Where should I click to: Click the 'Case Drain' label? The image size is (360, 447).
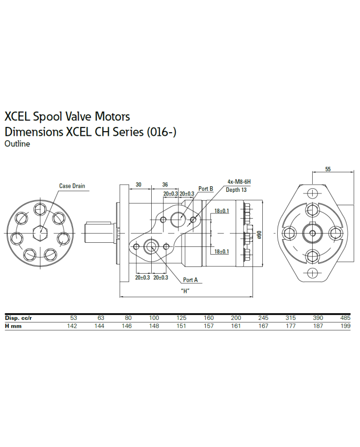[x=72, y=186]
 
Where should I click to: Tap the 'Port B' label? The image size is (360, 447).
[x=206, y=189]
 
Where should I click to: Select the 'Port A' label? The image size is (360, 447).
[x=190, y=280]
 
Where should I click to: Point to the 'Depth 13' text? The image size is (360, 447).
[x=236, y=190]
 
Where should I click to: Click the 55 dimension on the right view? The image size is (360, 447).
[x=328, y=169]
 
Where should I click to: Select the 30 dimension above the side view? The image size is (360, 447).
[x=138, y=184]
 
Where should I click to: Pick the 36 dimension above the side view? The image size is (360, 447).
[x=165, y=184]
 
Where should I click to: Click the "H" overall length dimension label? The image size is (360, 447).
[x=186, y=291]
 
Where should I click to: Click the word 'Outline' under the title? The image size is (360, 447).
[x=17, y=144]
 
